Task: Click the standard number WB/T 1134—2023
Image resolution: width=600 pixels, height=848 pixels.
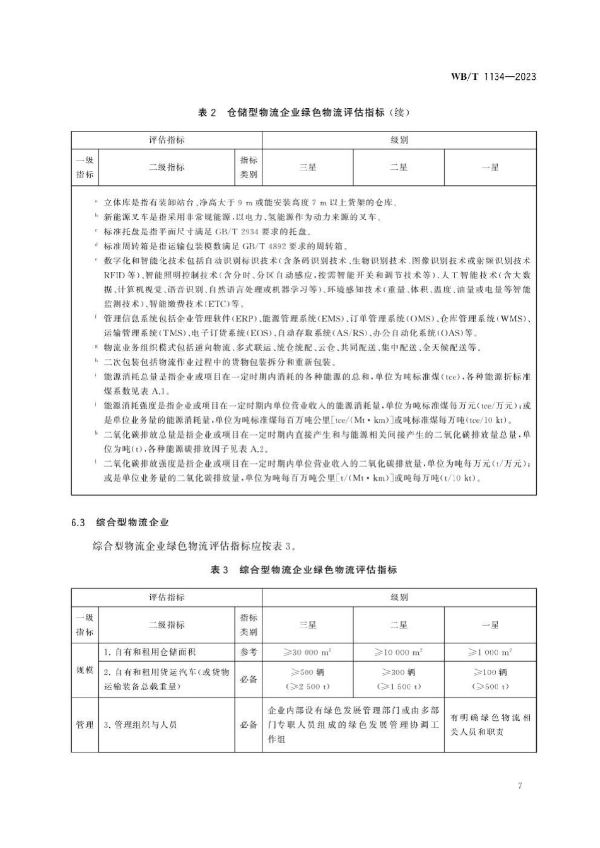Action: [493, 77]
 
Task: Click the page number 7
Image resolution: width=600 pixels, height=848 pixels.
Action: [520, 786]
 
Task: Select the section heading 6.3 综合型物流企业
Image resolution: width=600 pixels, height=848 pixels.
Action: [120, 522]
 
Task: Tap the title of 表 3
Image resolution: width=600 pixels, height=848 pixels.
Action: [304, 570]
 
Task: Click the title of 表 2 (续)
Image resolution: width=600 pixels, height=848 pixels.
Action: [304, 113]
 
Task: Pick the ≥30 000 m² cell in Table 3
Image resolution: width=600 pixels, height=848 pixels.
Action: [307, 652]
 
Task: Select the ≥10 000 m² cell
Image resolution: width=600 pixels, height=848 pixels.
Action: [398, 652]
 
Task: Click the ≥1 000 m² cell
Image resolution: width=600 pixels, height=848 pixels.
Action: [490, 652]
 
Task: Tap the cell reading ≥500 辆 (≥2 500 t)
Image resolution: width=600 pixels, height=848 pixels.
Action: [307, 679]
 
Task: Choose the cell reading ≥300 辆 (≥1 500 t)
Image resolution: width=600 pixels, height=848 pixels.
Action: [398, 679]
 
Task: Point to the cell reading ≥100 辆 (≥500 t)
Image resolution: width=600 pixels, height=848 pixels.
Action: [490, 679]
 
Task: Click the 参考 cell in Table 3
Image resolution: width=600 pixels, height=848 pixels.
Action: [249, 652]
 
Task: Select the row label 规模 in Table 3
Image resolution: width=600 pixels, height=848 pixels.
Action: [85, 670]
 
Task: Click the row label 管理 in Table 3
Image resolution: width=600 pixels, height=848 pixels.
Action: [85, 725]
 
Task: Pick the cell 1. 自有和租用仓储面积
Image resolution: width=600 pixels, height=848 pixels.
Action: [149, 652]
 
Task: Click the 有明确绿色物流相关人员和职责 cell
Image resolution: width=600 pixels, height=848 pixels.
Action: [490, 725]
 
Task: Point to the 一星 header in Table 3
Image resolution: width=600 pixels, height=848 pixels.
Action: [490, 625]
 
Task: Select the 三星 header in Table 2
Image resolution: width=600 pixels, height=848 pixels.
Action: [307, 167]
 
